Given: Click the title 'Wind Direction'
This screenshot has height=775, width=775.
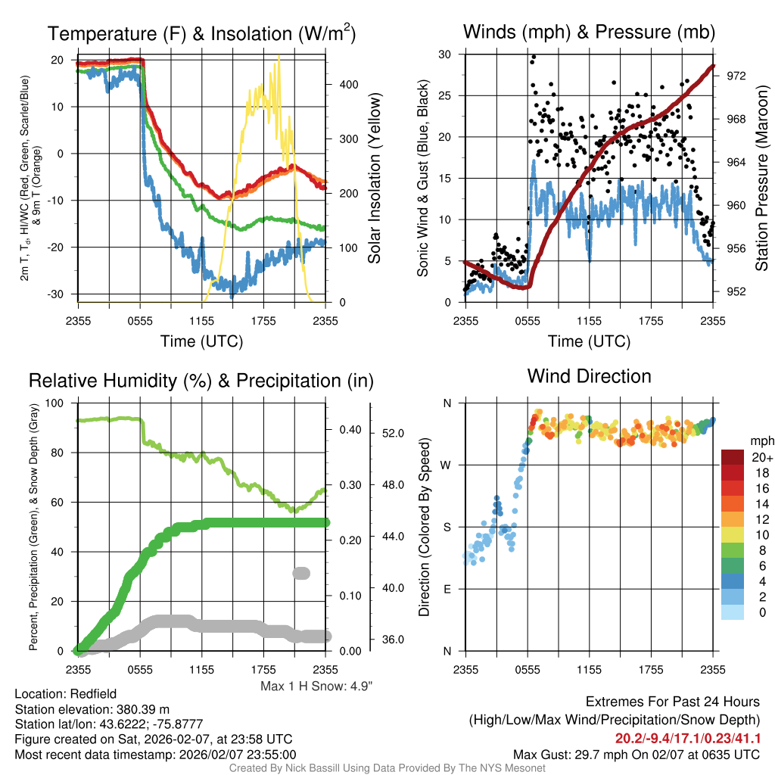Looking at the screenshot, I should pos(589,376).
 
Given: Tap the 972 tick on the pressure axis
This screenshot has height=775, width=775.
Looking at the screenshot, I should pos(736,76).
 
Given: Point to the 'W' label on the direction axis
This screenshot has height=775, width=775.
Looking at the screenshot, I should pos(447,465).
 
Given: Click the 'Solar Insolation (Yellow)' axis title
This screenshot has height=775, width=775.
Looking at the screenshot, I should pos(375,179).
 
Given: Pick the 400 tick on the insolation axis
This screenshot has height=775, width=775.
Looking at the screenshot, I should pos(348,85).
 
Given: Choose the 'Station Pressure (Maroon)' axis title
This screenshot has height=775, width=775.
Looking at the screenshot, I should pos(762,179).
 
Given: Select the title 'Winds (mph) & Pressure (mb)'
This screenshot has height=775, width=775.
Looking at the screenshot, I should pos(589,33).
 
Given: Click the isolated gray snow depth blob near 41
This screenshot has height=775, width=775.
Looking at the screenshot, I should pos(301,574).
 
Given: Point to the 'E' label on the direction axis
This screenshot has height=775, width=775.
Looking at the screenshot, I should pos(447,589).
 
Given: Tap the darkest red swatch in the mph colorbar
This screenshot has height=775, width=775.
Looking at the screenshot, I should pos(733,457).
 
